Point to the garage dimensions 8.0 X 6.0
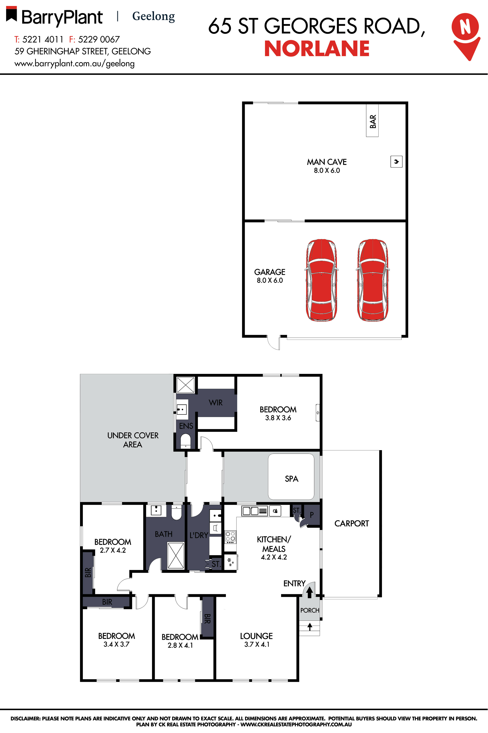[270, 280]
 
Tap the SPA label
[291, 479]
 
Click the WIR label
[216, 403]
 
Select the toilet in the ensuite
[185, 441]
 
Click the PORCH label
[310, 610]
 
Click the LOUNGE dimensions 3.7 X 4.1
[257, 644]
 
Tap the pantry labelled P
[312, 515]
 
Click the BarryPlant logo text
[62, 17]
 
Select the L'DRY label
[199, 535]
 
